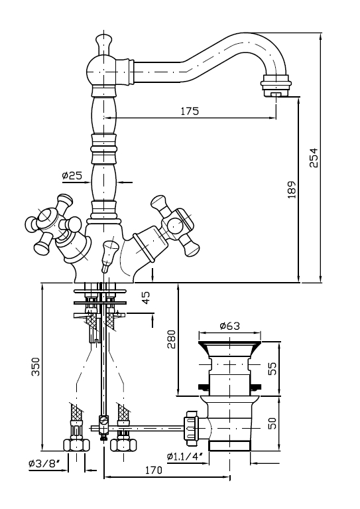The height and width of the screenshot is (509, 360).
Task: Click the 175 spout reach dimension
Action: point(190,111)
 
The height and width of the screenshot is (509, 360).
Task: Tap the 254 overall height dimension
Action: point(314,158)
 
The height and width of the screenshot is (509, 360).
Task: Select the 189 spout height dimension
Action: point(292,190)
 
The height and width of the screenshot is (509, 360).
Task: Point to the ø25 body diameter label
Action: point(72,176)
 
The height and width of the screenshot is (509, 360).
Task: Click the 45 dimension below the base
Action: point(146,297)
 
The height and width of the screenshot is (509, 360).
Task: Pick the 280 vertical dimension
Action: point(171,339)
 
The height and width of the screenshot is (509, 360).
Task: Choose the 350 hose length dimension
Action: point(35,366)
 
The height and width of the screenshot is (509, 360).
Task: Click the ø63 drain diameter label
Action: point(229,326)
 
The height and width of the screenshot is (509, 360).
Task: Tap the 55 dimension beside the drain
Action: point(273,368)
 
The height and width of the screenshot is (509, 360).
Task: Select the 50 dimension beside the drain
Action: point(273,423)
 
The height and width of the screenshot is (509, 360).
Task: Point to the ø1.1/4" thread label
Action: point(185,457)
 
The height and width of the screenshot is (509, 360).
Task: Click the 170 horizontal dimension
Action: point(152,470)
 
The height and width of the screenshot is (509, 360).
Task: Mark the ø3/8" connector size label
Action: point(44,464)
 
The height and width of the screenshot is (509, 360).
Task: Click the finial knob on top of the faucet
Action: point(104,44)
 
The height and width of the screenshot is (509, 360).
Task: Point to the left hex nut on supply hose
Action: point(76,445)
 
